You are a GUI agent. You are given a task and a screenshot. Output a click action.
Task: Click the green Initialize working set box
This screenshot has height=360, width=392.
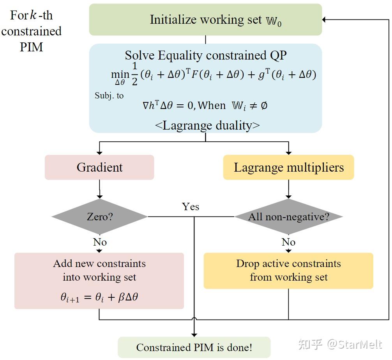pos(205,19)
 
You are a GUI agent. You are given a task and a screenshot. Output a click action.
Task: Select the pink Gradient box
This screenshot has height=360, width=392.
pos(99,167)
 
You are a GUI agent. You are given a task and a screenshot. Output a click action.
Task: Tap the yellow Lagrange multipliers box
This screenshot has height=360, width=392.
pos(288,167)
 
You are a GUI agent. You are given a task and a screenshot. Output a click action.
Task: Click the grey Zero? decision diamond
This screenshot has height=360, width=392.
pos(99,216)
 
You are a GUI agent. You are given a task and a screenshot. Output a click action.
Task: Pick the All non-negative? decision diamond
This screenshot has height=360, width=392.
pos(288,216)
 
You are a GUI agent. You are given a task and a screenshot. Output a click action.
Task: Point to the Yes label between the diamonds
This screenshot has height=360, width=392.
pos(191,207)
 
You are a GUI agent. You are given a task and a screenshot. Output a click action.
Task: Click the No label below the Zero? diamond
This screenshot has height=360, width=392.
pos(100,242)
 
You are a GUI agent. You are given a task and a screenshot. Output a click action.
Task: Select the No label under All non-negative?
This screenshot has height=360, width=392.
pos(288,242)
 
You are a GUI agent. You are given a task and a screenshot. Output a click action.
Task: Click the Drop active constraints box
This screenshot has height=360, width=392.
pos(288,270)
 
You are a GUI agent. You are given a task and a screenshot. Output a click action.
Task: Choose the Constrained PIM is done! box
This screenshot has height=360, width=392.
pos(194,347)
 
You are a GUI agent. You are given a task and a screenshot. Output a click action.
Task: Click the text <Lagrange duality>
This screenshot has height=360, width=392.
pos(207,125)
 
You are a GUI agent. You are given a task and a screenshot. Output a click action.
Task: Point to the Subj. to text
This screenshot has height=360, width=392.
pos(109,95)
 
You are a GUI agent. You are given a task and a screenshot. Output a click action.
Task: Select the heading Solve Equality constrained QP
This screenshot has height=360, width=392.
pos(205,55)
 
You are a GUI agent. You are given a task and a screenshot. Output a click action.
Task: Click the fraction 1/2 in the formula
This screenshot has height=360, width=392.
pos(134,74)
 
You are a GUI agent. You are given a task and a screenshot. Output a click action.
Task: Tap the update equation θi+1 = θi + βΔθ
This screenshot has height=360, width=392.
pos(99,298)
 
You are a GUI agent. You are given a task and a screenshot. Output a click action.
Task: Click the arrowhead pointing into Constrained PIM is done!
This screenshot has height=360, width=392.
pos(194,334)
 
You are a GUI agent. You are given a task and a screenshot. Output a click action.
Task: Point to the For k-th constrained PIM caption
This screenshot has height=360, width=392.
pos(31,31)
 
